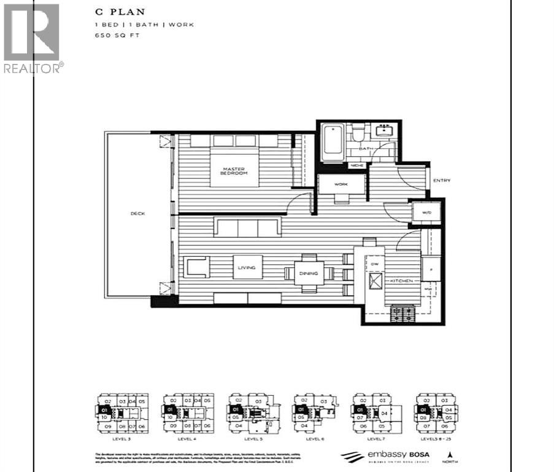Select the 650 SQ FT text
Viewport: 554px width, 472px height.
[113, 36]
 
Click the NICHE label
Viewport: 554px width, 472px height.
[355, 165]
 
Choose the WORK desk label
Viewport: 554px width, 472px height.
[342, 184]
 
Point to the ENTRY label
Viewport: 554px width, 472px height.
[441, 181]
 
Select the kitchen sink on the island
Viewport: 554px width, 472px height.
[375, 282]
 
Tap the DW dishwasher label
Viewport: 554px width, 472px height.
[374, 264]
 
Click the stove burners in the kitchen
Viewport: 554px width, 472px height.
[404, 315]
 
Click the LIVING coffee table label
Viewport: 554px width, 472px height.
[248, 267]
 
